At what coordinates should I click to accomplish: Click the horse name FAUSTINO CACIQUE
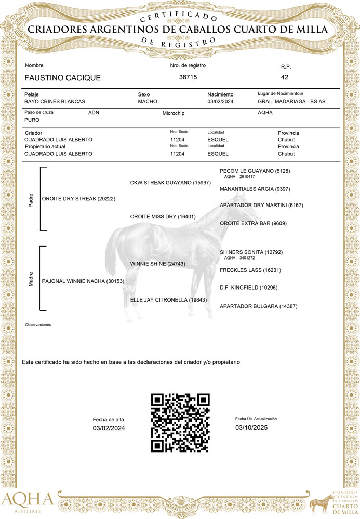click(x=62, y=78)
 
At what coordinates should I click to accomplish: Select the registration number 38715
click(x=188, y=77)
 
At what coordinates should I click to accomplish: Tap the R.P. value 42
click(x=284, y=77)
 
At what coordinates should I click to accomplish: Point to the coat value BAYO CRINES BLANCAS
click(x=55, y=102)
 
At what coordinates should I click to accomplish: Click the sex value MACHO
click(x=148, y=102)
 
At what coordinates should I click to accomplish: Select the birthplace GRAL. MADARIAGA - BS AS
click(x=291, y=101)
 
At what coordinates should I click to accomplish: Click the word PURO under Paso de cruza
click(x=32, y=120)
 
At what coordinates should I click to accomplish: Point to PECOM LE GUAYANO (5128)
click(x=255, y=171)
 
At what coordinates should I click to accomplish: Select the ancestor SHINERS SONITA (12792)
click(x=251, y=252)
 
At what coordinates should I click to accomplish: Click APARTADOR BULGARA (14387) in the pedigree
click(x=258, y=307)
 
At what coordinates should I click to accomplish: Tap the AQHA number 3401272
click(x=247, y=258)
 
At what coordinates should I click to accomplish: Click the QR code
click(x=180, y=422)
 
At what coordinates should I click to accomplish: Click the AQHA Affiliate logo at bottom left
click(x=27, y=502)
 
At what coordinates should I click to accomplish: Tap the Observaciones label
click(x=38, y=325)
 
